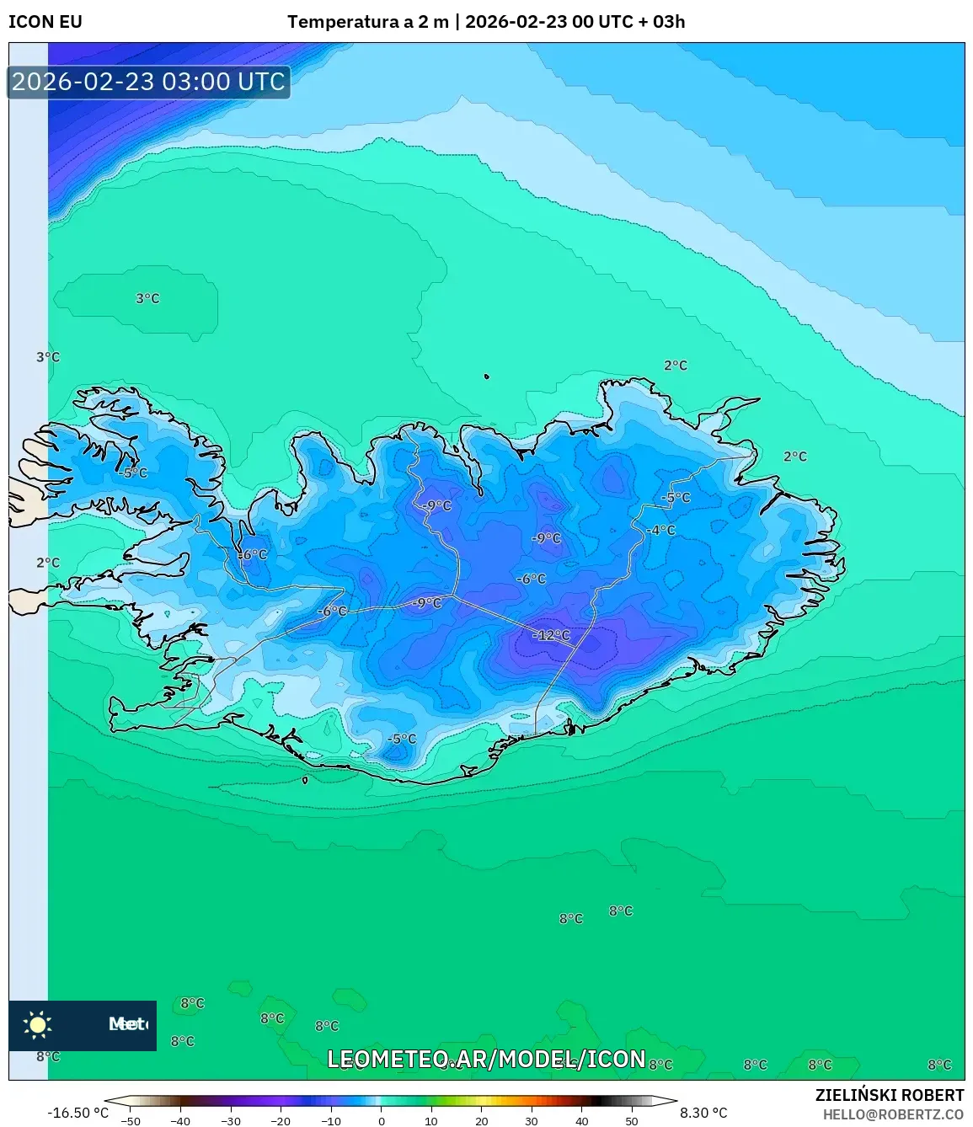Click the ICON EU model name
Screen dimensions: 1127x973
pyautogui.click(x=45, y=22)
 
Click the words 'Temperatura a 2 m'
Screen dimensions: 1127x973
pyautogui.click(x=367, y=22)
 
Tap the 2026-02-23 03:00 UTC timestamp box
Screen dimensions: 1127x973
pyautogui.click(x=148, y=82)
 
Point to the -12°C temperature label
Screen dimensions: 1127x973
pyautogui.click(x=552, y=635)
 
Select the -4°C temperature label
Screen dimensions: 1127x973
pyautogui.click(x=661, y=530)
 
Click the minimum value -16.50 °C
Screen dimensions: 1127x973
pyautogui.click(x=78, y=1113)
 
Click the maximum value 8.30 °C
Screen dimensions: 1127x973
pyautogui.click(x=703, y=1113)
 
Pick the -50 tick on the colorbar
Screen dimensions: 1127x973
pyautogui.click(x=130, y=1120)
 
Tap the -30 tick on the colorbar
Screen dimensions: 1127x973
pyautogui.click(x=231, y=1120)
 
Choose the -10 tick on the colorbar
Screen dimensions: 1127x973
pyautogui.click(x=331, y=1120)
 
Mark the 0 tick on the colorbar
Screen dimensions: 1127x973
pyautogui.click(x=382, y=1120)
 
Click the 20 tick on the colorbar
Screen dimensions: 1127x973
pyautogui.click(x=482, y=1120)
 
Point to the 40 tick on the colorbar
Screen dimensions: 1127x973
pyautogui.click(x=582, y=1120)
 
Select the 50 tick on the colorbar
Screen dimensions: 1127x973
pyautogui.click(x=632, y=1120)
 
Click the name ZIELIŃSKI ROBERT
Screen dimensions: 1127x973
pyautogui.click(x=889, y=1095)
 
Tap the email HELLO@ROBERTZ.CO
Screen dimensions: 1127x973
pyautogui.click(x=893, y=1114)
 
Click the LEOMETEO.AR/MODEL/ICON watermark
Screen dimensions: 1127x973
pyautogui.click(x=486, y=1059)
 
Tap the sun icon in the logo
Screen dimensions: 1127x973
pyautogui.click(x=38, y=1024)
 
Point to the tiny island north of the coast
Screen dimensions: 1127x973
pyautogui.click(x=487, y=377)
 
